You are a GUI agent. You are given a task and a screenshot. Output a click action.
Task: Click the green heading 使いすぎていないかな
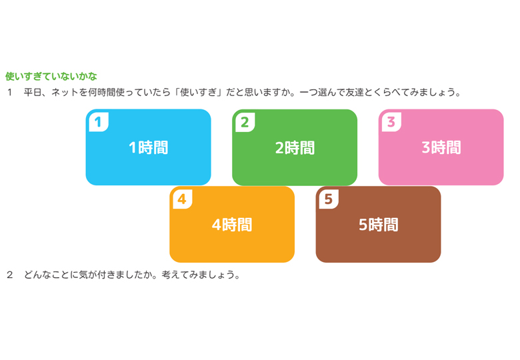51,76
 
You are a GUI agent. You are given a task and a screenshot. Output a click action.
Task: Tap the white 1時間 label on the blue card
148,147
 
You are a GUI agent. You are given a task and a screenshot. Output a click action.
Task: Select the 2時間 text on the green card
295,147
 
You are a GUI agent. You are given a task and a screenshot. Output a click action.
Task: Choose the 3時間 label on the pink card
441,147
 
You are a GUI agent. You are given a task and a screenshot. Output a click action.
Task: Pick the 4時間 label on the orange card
232,225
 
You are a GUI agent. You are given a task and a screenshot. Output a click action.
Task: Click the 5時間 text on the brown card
379,225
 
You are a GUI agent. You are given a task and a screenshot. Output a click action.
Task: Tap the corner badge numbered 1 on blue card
99,122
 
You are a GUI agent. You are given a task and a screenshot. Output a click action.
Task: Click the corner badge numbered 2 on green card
245,122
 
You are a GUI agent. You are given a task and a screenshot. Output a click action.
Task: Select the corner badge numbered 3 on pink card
391,122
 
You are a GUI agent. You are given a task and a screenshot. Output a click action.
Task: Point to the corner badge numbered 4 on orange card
183,199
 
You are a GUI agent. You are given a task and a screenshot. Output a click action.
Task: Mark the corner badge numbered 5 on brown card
329,199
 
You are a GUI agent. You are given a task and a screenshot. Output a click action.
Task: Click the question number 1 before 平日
10,92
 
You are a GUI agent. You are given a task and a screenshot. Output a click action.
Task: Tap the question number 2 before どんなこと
10,275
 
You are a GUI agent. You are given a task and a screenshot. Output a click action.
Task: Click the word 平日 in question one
33,92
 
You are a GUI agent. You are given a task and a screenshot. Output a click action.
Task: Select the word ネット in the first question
65,92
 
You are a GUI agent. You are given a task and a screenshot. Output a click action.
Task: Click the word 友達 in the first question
355,92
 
